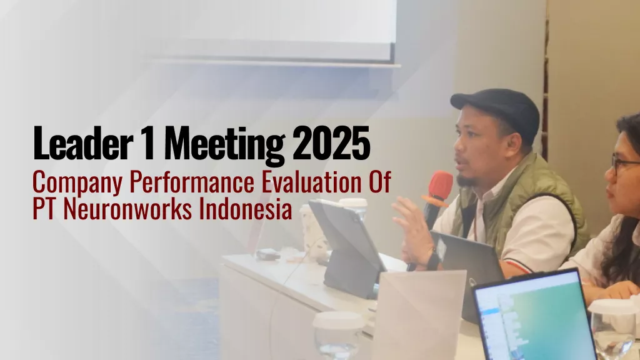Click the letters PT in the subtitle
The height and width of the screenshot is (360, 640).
click(x=42, y=209)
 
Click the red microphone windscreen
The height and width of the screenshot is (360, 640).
click(x=441, y=186)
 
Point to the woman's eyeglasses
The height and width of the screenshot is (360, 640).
click(x=625, y=164)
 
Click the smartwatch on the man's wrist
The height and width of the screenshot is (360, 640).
click(x=432, y=258)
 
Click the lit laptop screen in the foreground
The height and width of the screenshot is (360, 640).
click(x=531, y=319)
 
